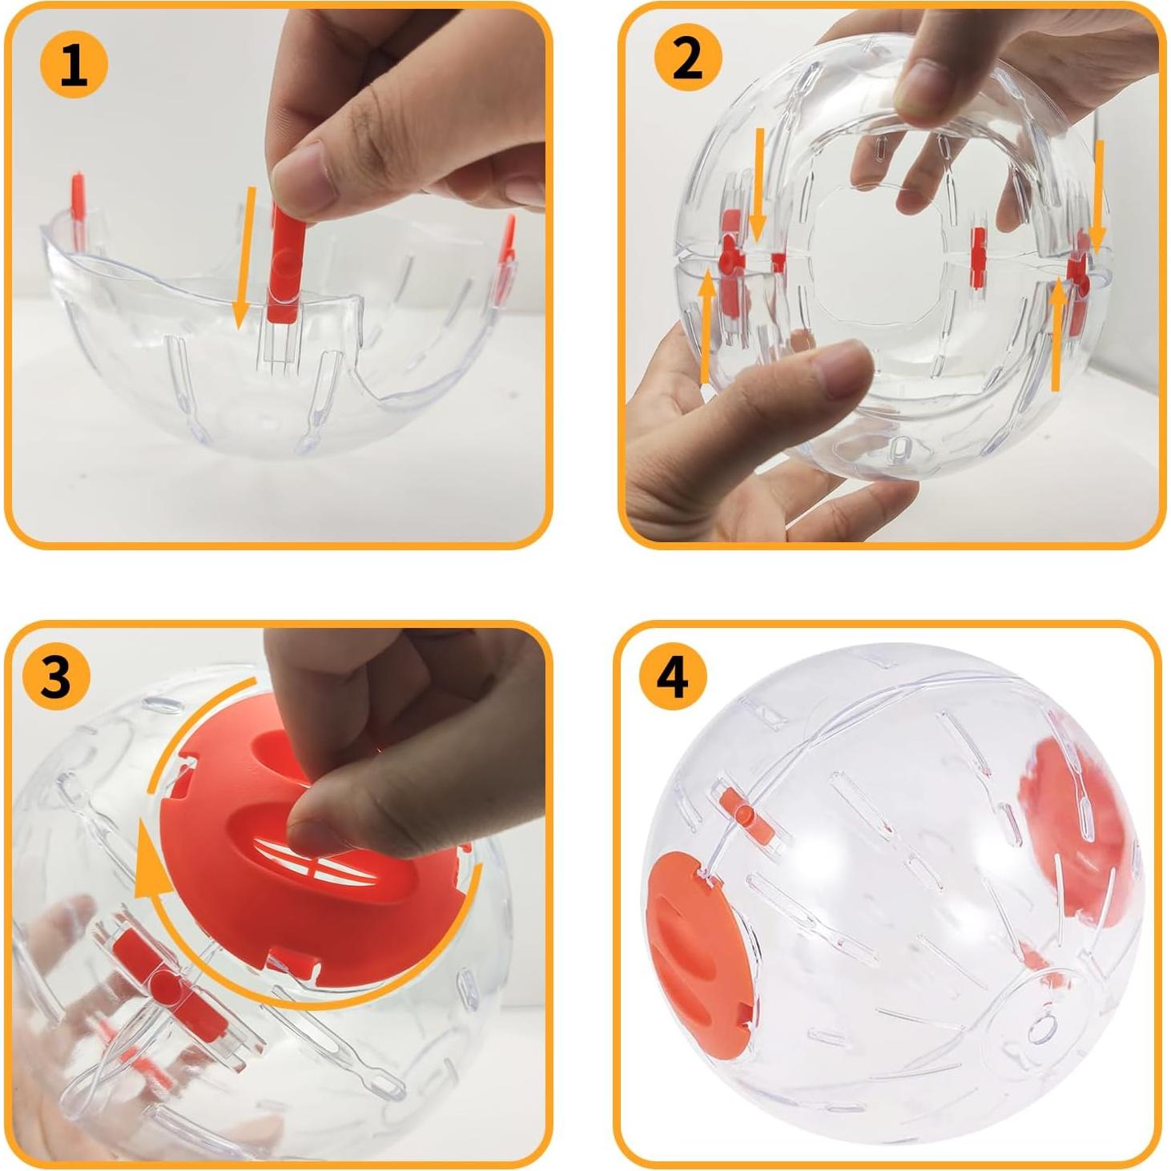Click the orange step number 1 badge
pyautogui.click(x=74, y=64)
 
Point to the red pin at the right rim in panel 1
pyautogui.click(x=507, y=241)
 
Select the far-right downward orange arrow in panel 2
pyautogui.click(x=1098, y=192)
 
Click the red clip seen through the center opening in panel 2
pyautogui.click(x=978, y=257)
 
